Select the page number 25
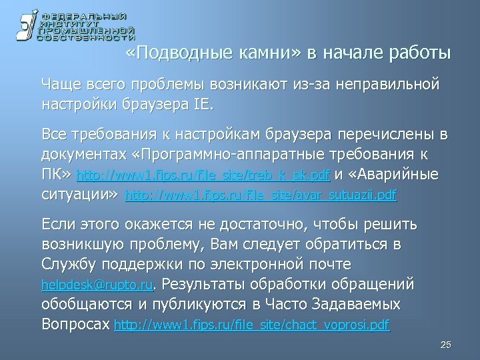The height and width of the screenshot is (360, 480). point(447,344)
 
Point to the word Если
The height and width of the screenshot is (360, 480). point(59,223)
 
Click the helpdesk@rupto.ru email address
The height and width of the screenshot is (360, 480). point(97,285)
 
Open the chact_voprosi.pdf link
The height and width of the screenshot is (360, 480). point(253,326)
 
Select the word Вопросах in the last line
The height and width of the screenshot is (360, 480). point(75,325)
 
